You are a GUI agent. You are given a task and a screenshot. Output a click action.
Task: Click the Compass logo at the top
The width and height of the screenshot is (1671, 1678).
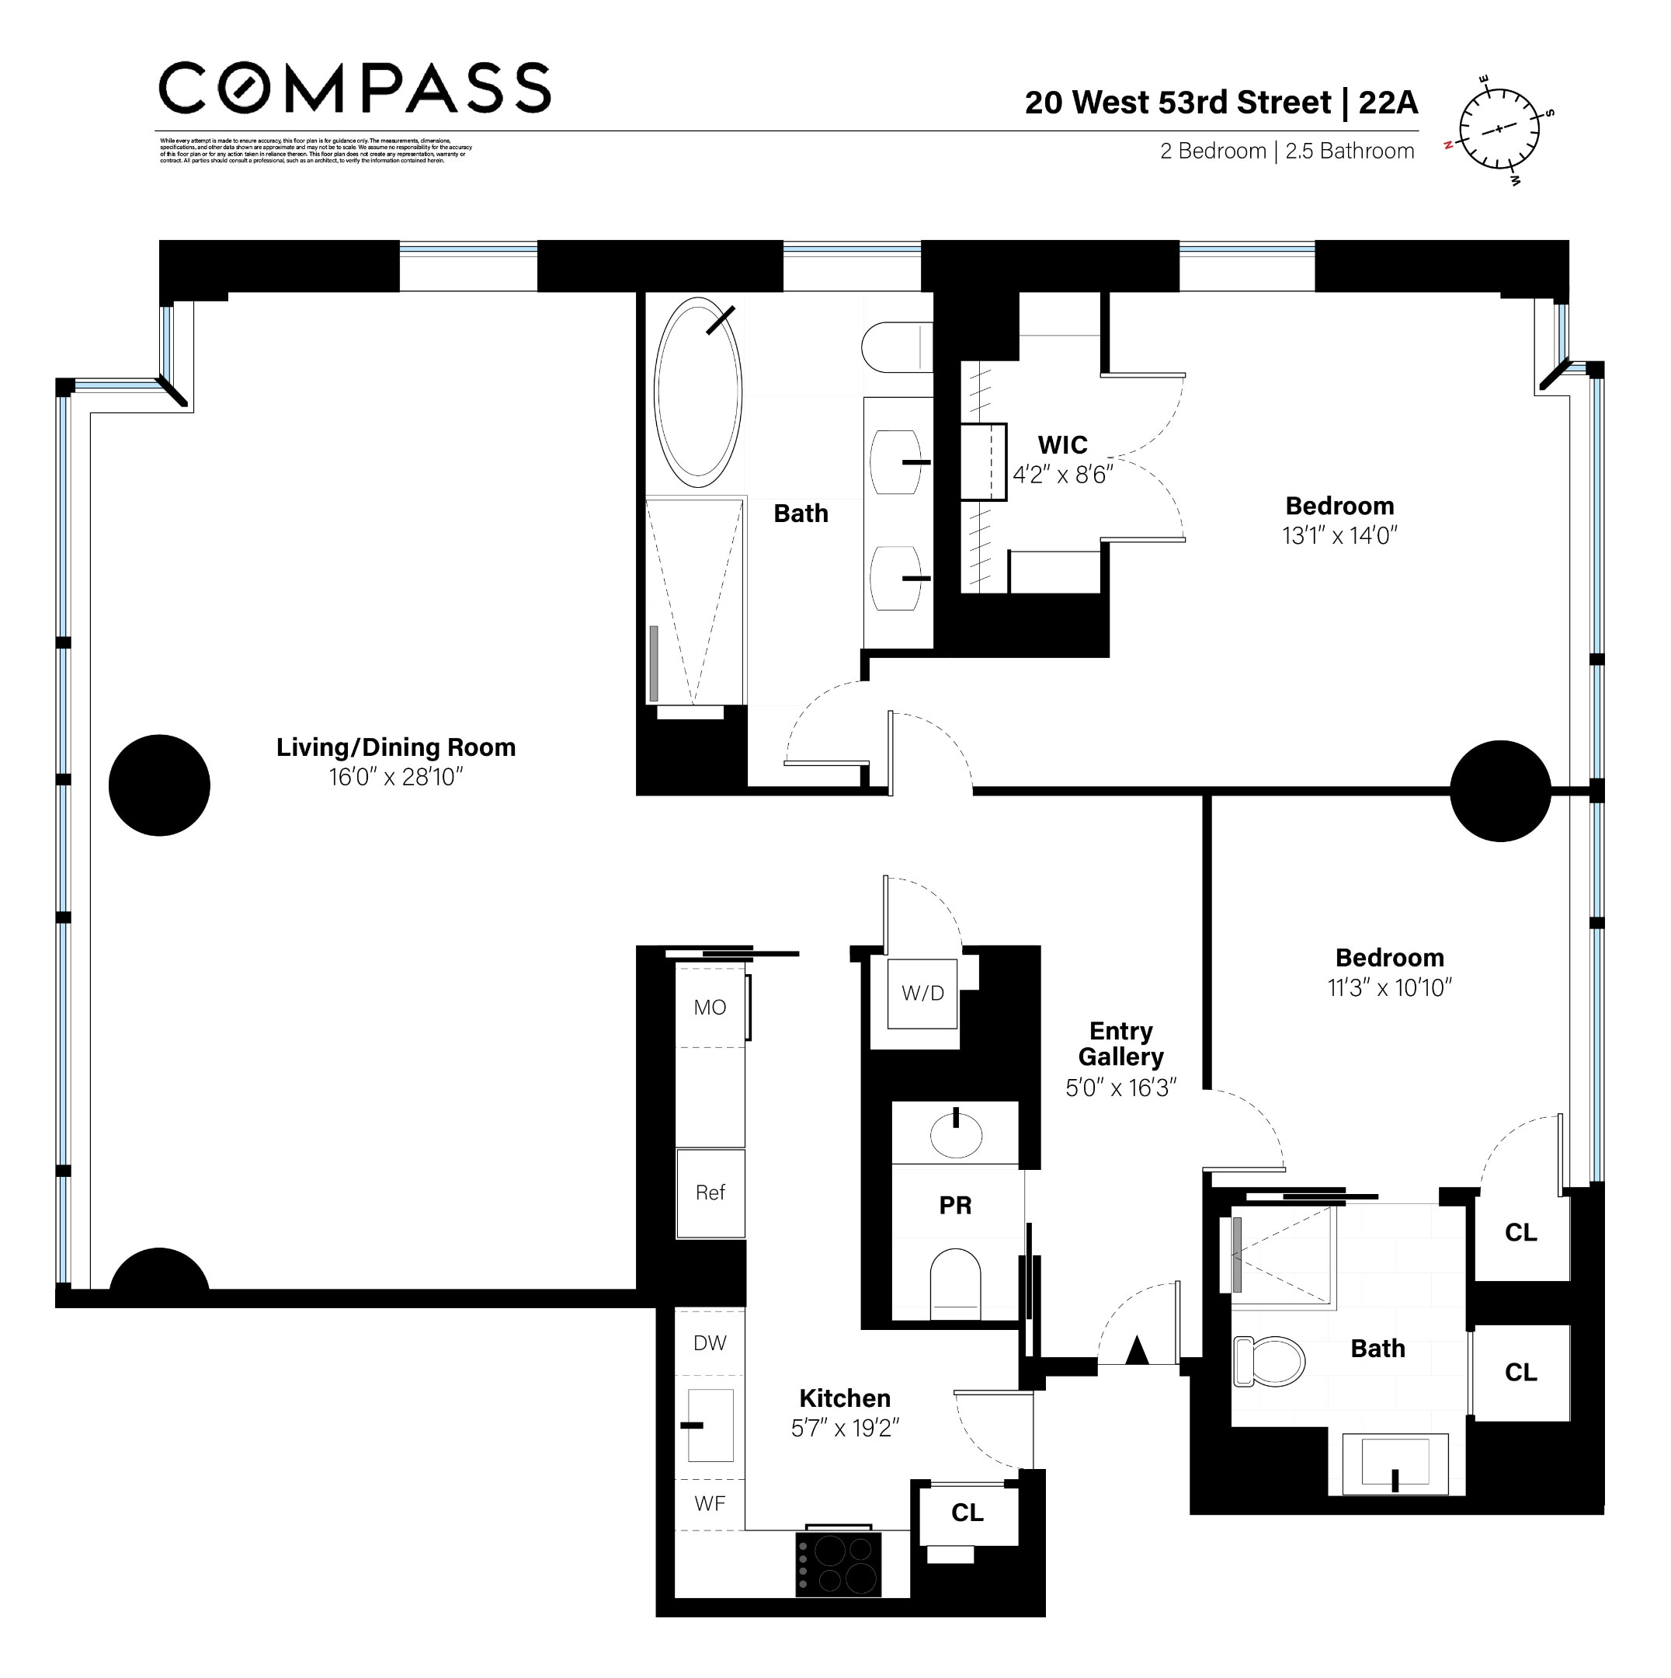[x=354, y=87]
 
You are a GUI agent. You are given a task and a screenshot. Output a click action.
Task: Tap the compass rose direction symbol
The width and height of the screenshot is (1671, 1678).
[x=1499, y=130]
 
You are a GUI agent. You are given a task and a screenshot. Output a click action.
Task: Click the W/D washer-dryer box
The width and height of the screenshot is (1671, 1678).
[x=922, y=994]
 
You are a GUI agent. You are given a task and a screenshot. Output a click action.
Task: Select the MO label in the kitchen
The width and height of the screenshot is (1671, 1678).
[x=710, y=1008]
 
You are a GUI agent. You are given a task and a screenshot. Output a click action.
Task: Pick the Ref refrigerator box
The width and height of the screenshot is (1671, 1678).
[x=710, y=1193]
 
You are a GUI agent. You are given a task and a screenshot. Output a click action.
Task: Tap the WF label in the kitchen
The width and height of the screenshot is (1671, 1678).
[x=710, y=1503]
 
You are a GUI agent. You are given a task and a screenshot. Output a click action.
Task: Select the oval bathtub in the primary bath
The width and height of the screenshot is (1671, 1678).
[x=698, y=392]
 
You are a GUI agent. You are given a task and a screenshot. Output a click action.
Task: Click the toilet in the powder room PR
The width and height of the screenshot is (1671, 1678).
[x=955, y=1285]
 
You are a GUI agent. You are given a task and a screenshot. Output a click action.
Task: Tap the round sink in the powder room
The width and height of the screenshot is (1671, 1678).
[x=956, y=1134]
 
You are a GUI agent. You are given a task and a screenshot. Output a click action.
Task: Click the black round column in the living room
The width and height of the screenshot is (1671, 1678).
[x=160, y=785]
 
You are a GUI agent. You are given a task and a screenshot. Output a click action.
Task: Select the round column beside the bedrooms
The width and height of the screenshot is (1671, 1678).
[x=1500, y=790]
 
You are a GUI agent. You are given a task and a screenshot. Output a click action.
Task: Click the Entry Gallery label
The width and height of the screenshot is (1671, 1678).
[x=1120, y=1043]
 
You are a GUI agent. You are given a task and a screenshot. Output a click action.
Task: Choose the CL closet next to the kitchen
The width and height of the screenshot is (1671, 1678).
[x=967, y=1513]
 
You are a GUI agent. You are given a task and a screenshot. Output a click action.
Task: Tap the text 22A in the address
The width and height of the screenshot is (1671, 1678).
[x=1388, y=103]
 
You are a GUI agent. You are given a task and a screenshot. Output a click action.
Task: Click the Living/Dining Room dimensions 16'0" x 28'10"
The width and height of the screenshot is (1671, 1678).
[x=396, y=777]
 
